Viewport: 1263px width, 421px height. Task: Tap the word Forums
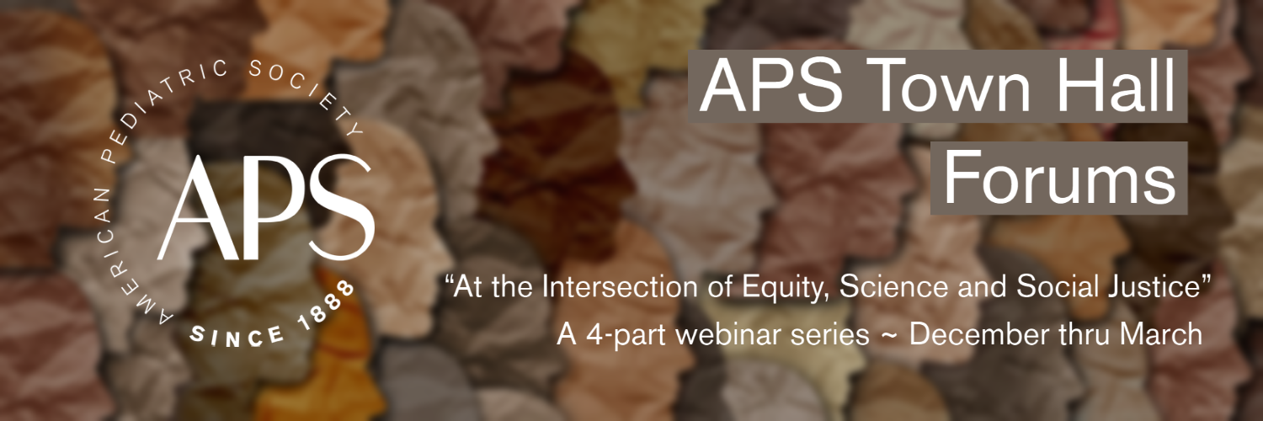(x=1059, y=178)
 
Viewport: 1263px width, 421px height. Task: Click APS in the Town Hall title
(x=771, y=85)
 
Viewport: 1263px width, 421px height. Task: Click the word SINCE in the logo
(x=237, y=337)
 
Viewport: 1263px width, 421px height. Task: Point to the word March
(x=1161, y=334)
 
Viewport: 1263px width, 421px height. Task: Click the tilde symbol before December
(x=889, y=336)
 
